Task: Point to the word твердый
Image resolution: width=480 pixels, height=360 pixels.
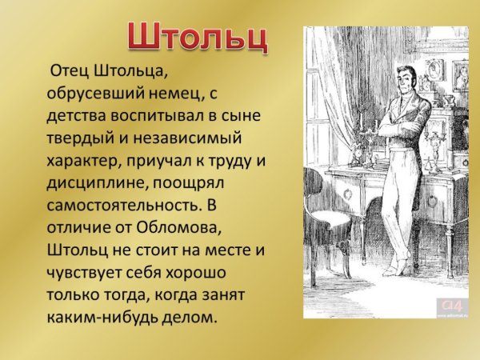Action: (82, 139)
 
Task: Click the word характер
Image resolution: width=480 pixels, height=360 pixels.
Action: (88, 162)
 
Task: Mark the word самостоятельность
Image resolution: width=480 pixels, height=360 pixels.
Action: (128, 206)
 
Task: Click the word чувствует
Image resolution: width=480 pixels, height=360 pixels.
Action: (87, 273)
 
